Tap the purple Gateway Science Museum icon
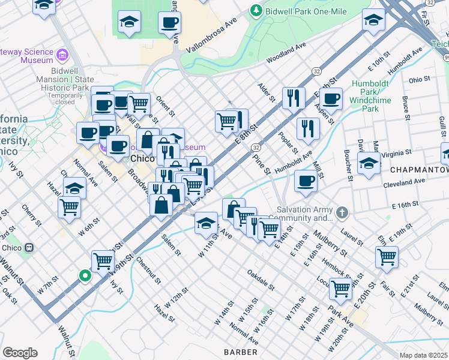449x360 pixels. (x=61, y=56)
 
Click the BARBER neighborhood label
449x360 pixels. (x=241, y=352)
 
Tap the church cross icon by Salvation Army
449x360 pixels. (x=342, y=212)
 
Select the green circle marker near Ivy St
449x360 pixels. (x=85, y=276)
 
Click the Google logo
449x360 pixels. (x=20, y=353)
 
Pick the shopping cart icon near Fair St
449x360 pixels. (x=387, y=256)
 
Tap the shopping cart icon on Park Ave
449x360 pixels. (x=340, y=288)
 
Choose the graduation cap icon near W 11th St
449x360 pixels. (x=206, y=223)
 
